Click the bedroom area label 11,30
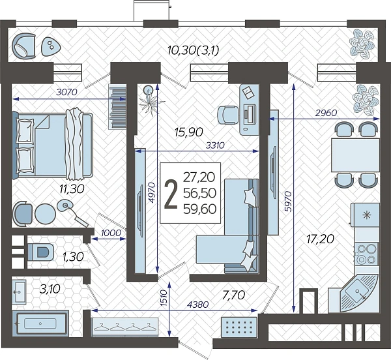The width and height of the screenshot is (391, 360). (72, 189)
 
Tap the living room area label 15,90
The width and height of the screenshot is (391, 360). (189, 132)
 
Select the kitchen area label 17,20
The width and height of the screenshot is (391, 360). (320, 239)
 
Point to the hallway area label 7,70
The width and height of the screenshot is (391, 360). (233, 295)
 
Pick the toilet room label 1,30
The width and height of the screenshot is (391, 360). (73, 257)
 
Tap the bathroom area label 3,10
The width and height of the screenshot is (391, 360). (50, 289)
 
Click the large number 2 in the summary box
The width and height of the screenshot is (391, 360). (171, 194)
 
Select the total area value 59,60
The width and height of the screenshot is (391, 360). (199, 209)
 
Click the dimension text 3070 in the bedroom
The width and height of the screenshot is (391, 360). (67, 93)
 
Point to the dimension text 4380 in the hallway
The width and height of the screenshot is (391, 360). (197, 305)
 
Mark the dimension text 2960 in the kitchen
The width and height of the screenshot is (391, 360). (326, 113)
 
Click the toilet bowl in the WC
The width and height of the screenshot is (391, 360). (40, 252)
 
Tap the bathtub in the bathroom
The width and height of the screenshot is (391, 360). (40, 323)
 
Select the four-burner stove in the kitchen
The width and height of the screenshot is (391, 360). (366, 254)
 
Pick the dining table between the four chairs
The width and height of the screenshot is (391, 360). (355, 155)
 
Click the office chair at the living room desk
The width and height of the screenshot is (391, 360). (227, 115)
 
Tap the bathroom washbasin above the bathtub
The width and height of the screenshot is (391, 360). (19, 292)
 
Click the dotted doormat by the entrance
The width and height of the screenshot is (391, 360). (239, 326)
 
